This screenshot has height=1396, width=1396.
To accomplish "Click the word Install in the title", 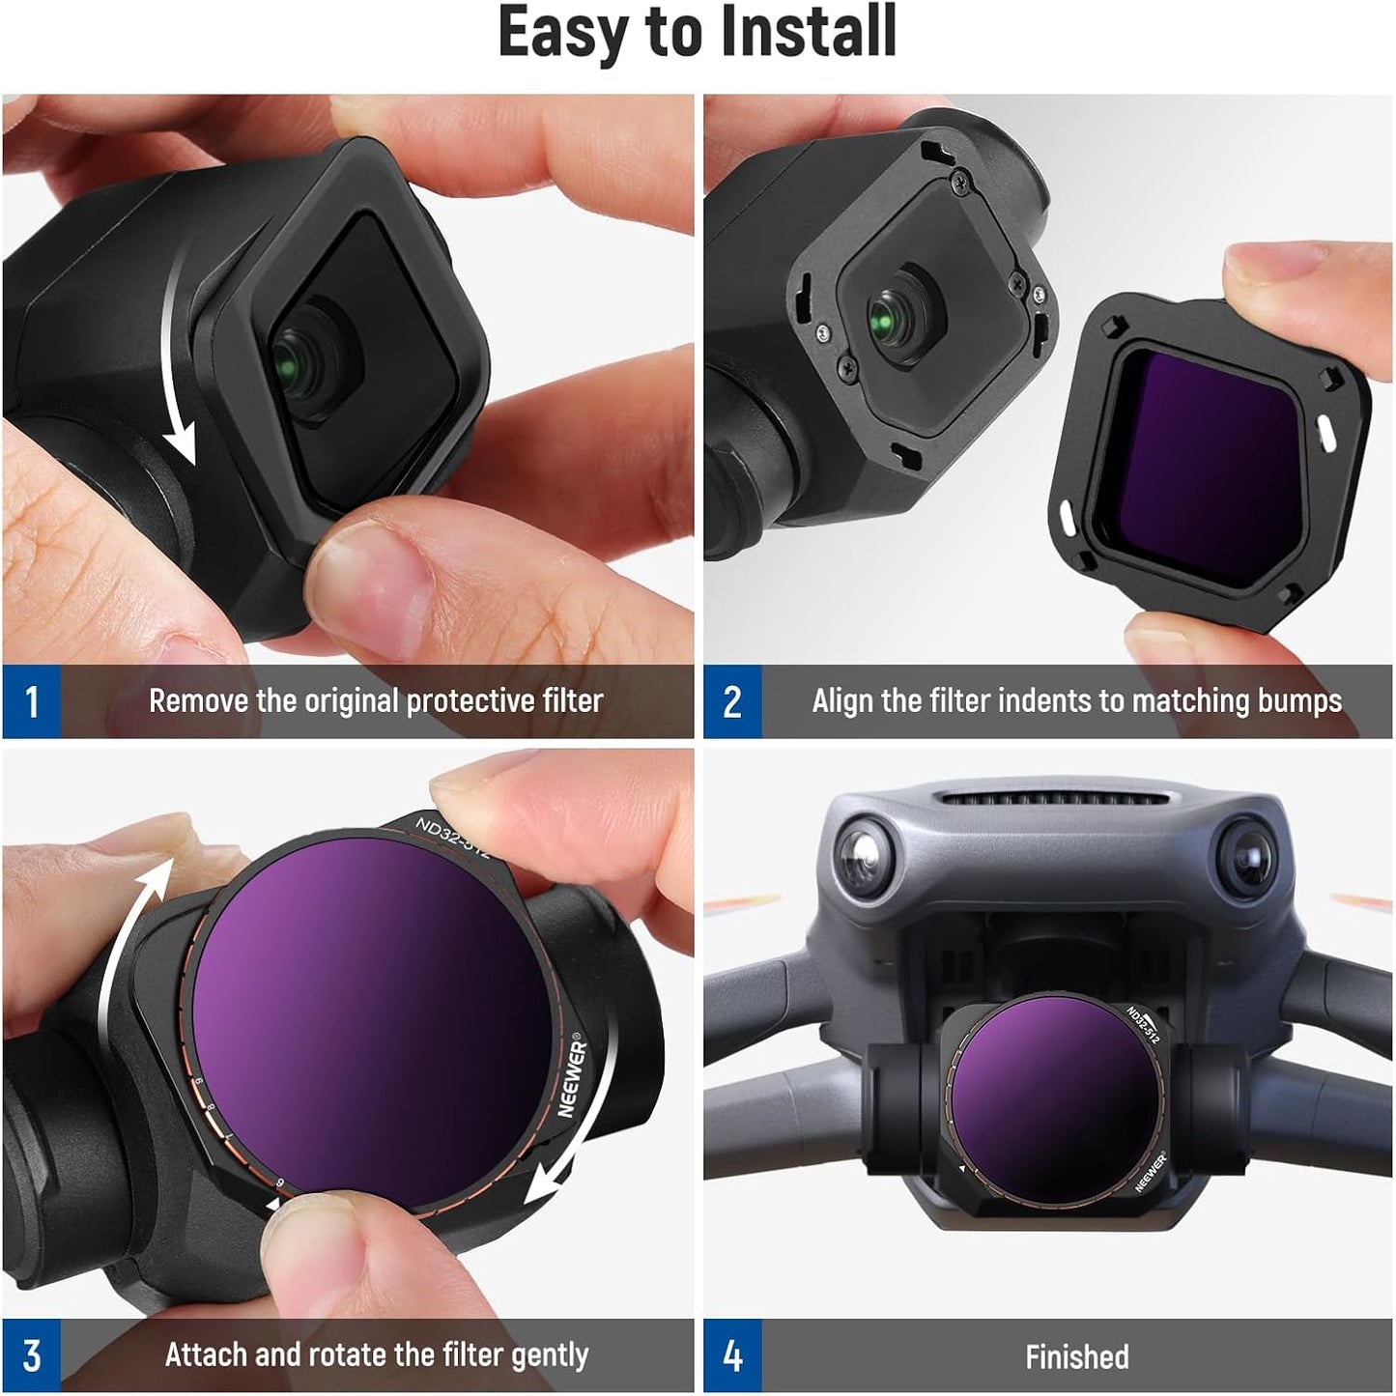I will (810, 33).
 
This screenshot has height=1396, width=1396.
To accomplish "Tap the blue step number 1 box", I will (31, 701).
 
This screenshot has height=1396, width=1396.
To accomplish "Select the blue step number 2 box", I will (732, 701).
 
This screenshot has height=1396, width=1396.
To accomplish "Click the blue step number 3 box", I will (31, 1355).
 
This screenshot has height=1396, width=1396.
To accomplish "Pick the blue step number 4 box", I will (732, 1355).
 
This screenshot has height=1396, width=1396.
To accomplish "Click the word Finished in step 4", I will (1076, 1357).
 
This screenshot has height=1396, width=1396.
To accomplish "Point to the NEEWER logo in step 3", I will (572, 1077).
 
